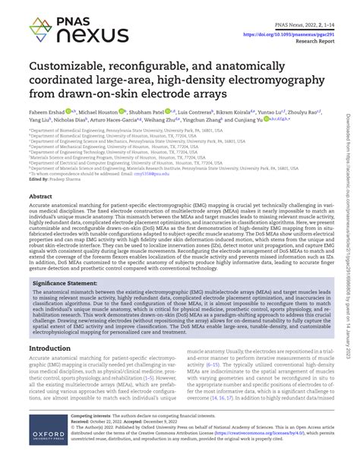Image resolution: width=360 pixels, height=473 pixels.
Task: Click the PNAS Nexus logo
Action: [69, 28]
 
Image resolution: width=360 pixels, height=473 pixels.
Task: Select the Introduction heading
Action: [55, 349]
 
